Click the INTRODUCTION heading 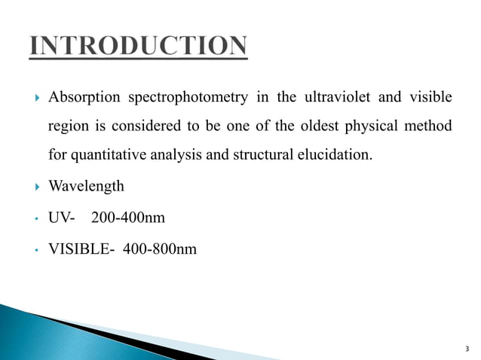[138, 47]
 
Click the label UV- [62, 217]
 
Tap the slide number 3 [466, 348]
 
